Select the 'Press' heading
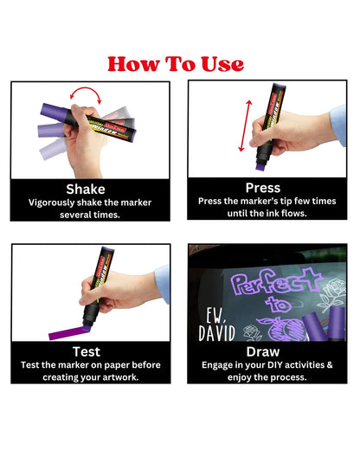[263, 187]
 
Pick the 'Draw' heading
[263, 351]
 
